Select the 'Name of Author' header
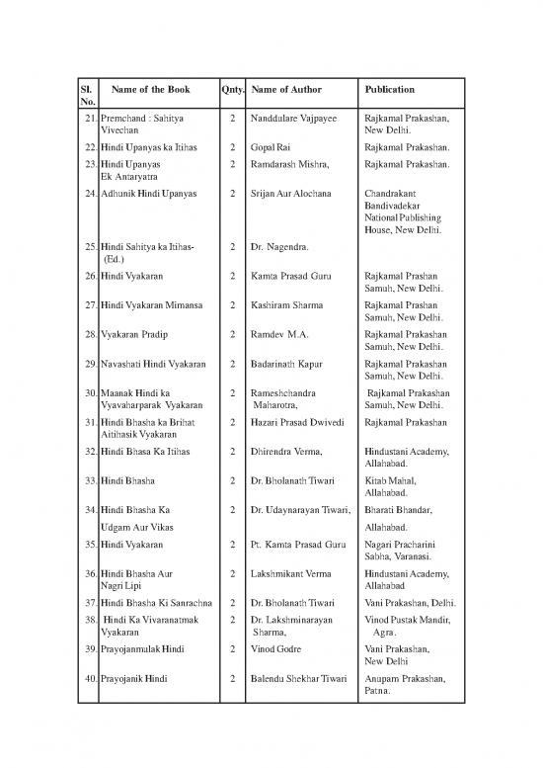(x=294, y=89)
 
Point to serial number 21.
(x=87, y=118)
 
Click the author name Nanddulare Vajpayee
(x=294, y=118)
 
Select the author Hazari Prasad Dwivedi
(x=304, y=423)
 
